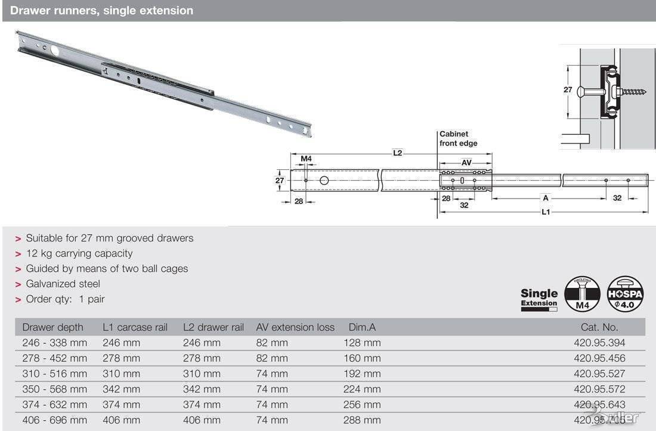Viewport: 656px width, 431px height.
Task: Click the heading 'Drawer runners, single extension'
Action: tap(102, 11)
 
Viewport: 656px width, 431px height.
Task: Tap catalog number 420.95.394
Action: tap(599, 343)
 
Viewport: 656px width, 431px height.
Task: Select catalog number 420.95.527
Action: tap(599, 374)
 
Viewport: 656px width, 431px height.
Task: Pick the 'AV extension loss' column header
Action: tap(295, 327)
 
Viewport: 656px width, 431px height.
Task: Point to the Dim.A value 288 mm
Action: tap(361, 420)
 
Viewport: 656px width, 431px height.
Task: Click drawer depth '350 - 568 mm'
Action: tap(54, 389)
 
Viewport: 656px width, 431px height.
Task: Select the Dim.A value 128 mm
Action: tap(361, 343)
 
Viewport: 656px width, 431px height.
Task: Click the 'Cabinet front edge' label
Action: tap(458, 139)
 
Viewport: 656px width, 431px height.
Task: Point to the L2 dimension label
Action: tap(397, 153)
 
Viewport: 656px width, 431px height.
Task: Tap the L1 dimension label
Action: tap(545, 212)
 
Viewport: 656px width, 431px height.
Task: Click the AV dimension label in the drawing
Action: tap(467, 162)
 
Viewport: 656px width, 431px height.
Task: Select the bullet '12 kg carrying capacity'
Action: tap(79, 253)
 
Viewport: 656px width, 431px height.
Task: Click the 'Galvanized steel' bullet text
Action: tap(63, 284)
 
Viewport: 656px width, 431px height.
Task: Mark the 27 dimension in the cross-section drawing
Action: tap(567, 90)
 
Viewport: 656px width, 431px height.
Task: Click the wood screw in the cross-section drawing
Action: tap(632, 92)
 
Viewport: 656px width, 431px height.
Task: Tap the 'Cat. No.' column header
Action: tap(599, 327)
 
